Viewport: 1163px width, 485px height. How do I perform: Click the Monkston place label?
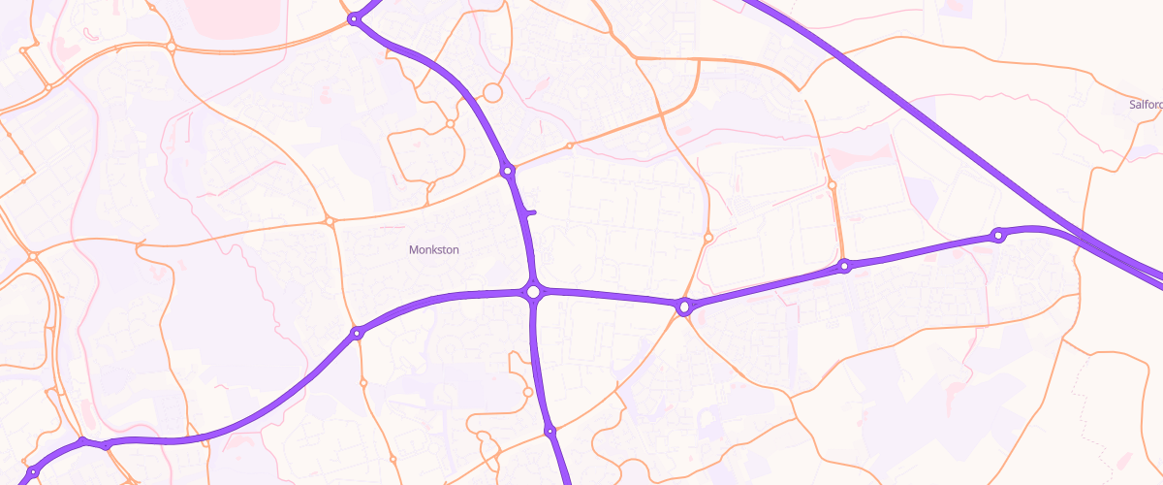pyautogui.click(x=433, y=250)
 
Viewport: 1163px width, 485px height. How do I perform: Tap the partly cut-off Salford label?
pyautogui.click(x=1146, y=105)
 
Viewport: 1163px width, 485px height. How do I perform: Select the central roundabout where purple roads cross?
pyautogui.click(x=532, y=291)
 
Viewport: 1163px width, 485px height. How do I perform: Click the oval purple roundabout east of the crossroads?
pyautogui.click(x=684, y=307)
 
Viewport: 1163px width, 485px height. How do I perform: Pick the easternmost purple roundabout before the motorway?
pyautogui.click(x=997, y=236)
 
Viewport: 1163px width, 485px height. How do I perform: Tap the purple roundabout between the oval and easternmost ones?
pyautogui.click(x=844, y=266)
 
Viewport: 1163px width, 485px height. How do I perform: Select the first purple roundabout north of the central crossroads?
pyautogui.click(x=507, y=172)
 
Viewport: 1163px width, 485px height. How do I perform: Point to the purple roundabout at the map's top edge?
pyautogui.click(x=355, y=18)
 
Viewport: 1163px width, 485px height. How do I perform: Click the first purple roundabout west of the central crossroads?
pyautogui.click(x=357, y=334)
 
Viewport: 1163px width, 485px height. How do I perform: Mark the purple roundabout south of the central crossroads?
pyautogui.click(x=549, y=431)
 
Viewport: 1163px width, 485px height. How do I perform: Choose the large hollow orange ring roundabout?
pyautogui.click(x=491, y=93)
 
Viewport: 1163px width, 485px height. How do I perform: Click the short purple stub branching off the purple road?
pyautogui.click(x=530, y=211)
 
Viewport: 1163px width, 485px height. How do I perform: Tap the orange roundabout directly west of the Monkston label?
pyautogui.click(x=330, y=221)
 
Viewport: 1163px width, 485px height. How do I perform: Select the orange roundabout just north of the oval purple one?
pyautogui.click(x=708, y=237)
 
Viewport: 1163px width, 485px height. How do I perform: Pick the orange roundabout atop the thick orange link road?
pyautogui.click(x=832, y=185)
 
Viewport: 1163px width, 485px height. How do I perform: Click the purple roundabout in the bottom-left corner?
pyautogui.click(x=32, y=472)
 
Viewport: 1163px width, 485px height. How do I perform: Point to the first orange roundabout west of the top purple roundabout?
pyautogui.click(x=171, y=46)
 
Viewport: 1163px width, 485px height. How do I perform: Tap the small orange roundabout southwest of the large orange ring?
pyautogui.click(x=450, y=124)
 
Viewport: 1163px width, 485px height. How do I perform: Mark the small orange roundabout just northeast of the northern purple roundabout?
pyautogui.click(x=569, y=145)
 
